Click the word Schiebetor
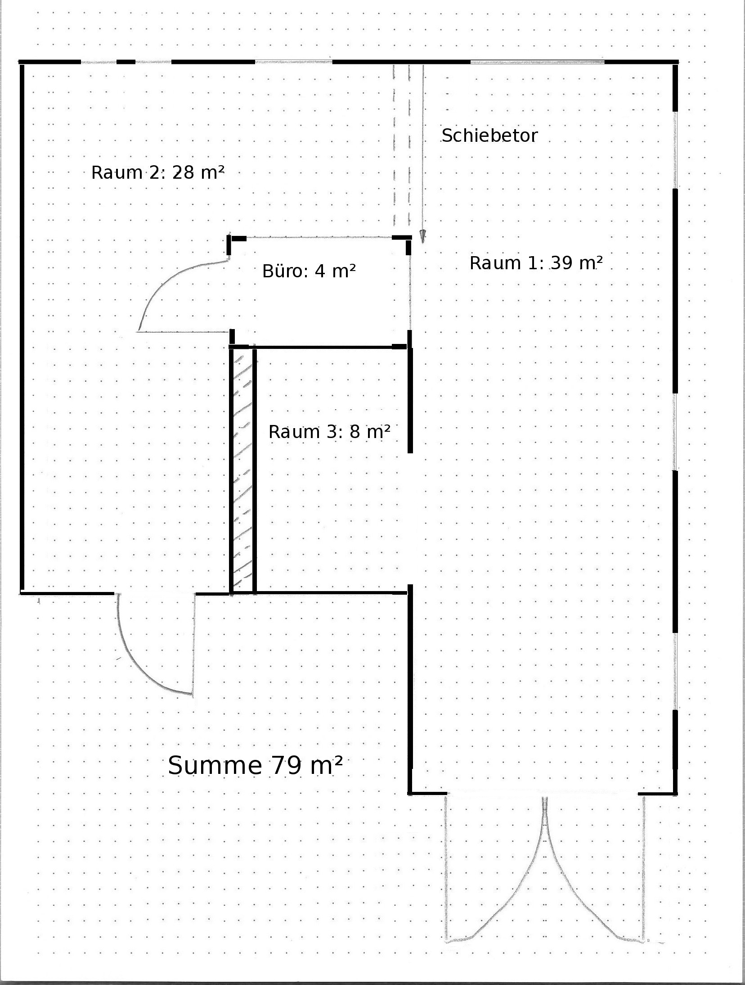point(489,136)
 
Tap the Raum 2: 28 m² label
point(158,172)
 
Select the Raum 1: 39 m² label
point(536,263)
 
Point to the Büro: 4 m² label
point(309,271)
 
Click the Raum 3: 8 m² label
point(329,432)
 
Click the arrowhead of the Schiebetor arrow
point(422,236)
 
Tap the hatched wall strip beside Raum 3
point(242,470)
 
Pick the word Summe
point(215,765)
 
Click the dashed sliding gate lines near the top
point(402,145)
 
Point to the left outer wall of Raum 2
point(22,327)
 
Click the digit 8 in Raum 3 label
point(355,432)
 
